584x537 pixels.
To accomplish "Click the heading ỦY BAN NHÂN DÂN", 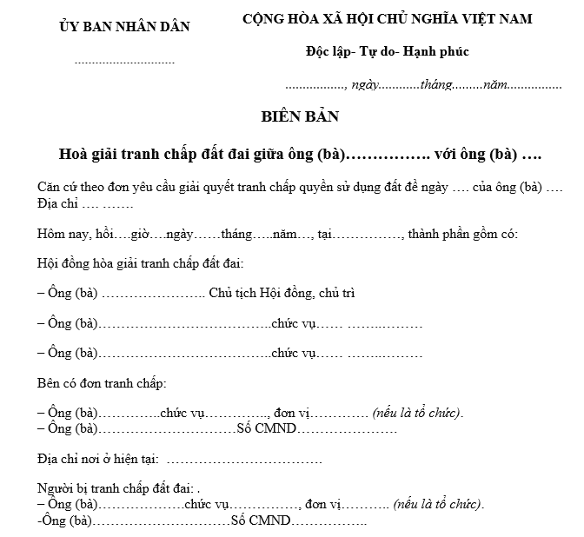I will pyautogui.click(x=124, y=27).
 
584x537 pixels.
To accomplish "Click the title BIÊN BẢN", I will pyautogui.click(x=300, y=116).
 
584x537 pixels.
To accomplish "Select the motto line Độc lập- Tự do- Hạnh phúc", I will pyautogui.click(x=387, y=51).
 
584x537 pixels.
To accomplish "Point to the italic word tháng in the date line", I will pyautogui.click(x=437, y=86).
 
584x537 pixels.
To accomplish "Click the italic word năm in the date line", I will pyautogui.click(x=494, y=86).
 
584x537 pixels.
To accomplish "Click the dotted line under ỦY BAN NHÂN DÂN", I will pyautogui.click(x=124, y=63).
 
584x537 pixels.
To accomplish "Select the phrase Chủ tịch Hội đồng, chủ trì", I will pyautogui.click(x=282, y=293).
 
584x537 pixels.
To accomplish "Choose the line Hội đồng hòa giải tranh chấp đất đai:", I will pyautogui.click(x=141, y=262).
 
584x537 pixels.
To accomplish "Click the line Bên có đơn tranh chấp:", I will pyautogui.click(x=102, y=383).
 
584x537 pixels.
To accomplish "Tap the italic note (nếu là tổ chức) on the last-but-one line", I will pyautogui.click(x=438, y=504).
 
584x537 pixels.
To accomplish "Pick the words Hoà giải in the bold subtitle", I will pyautogui.click(x=89, y=155).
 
